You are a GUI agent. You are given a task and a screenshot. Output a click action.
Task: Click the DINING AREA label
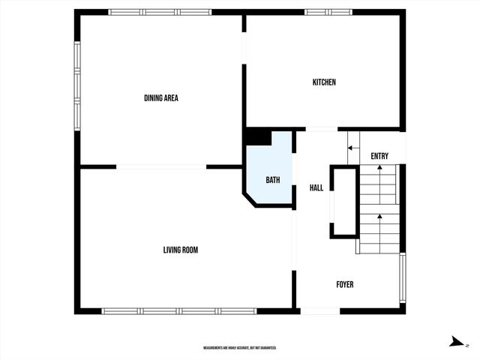pyautogui.click(x=160, y=97)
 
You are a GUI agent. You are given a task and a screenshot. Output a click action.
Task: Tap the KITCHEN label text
pyautogui.click(x=324, y=82)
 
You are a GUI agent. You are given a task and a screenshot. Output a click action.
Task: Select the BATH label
pyautogui.click(x=273, y=180)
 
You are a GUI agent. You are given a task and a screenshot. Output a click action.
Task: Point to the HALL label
pyautogui.click(x=316, y=187)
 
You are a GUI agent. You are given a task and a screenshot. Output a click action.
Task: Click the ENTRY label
pyautogui.click(x=379, y=156)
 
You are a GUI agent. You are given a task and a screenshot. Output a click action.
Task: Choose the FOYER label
pyautogui.click(x=344, y=284)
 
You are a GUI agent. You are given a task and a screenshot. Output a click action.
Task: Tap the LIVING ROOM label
pyautogui.click(x=181, y=250)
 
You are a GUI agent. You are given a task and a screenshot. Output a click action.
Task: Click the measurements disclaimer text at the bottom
pyautogui.click(x=240, y=348)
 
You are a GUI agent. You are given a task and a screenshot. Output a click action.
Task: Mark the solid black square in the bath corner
pyautogui.click(x=258, y=138)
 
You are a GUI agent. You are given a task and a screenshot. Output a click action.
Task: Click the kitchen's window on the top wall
pyautogui.click(x=328, y=12)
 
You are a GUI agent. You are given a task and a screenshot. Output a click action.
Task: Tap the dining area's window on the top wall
pyautogui.click(x=160, y=12)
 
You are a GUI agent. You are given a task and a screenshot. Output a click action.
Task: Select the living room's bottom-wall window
pyautogui.click(x=180, y=310)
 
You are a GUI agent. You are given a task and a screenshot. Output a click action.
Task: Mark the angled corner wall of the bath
pyautogui.click(x=249, y=197)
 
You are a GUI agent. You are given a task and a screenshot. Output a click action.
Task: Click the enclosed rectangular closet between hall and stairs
pyautogui.click(x=343, y=203)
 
